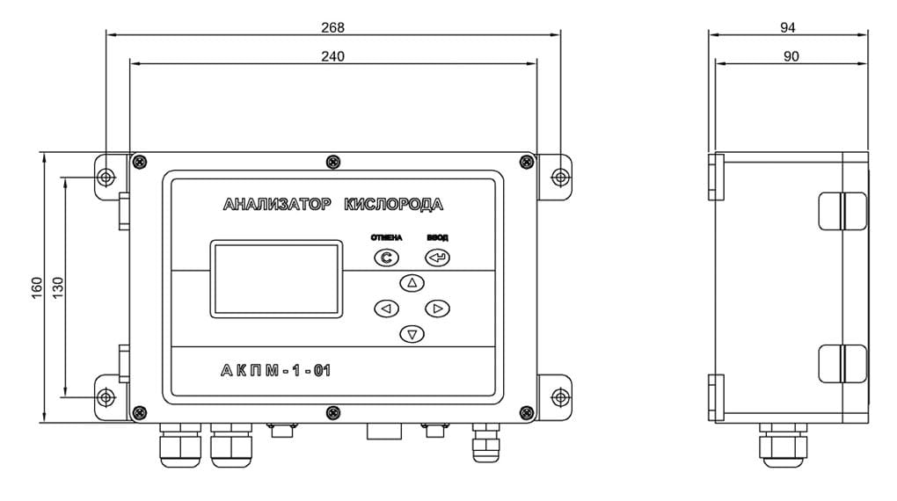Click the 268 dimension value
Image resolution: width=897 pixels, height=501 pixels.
(x=333, y=27)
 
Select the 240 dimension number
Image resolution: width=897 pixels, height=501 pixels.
(x=333, y=56)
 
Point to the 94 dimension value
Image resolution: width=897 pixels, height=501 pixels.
(x=788, y=27)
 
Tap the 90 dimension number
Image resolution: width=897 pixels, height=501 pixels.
(x=791, y=56)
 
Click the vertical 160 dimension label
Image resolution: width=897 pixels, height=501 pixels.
(x=37, y=288)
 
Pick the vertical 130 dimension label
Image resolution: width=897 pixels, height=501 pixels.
(x=58, y=288)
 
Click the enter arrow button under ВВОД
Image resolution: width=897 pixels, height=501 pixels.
(x=438, y=258)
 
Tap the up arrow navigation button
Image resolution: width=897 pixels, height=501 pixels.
(x=412, y=282)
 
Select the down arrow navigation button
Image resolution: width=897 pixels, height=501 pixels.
(x=412, y=334)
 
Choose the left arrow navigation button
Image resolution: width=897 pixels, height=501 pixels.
(x=386, y=309)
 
